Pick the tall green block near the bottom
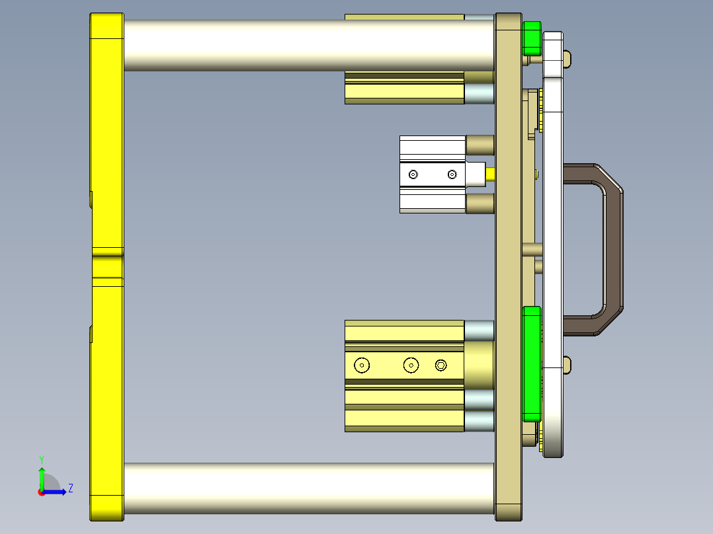click(531, 363)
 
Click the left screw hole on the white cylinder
click(413, 174)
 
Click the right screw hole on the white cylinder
click(452, 174)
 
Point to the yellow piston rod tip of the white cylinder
click(491, 174)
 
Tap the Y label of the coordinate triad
click(42, 459)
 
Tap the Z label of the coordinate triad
click(70, 488)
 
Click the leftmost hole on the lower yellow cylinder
click(362, 365)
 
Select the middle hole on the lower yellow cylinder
click(411, 365)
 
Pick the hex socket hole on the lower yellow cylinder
click(441, 365)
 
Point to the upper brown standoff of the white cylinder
click(480, 145)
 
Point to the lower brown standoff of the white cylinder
click(480, 203)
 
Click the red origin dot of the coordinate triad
click(41, 492)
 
